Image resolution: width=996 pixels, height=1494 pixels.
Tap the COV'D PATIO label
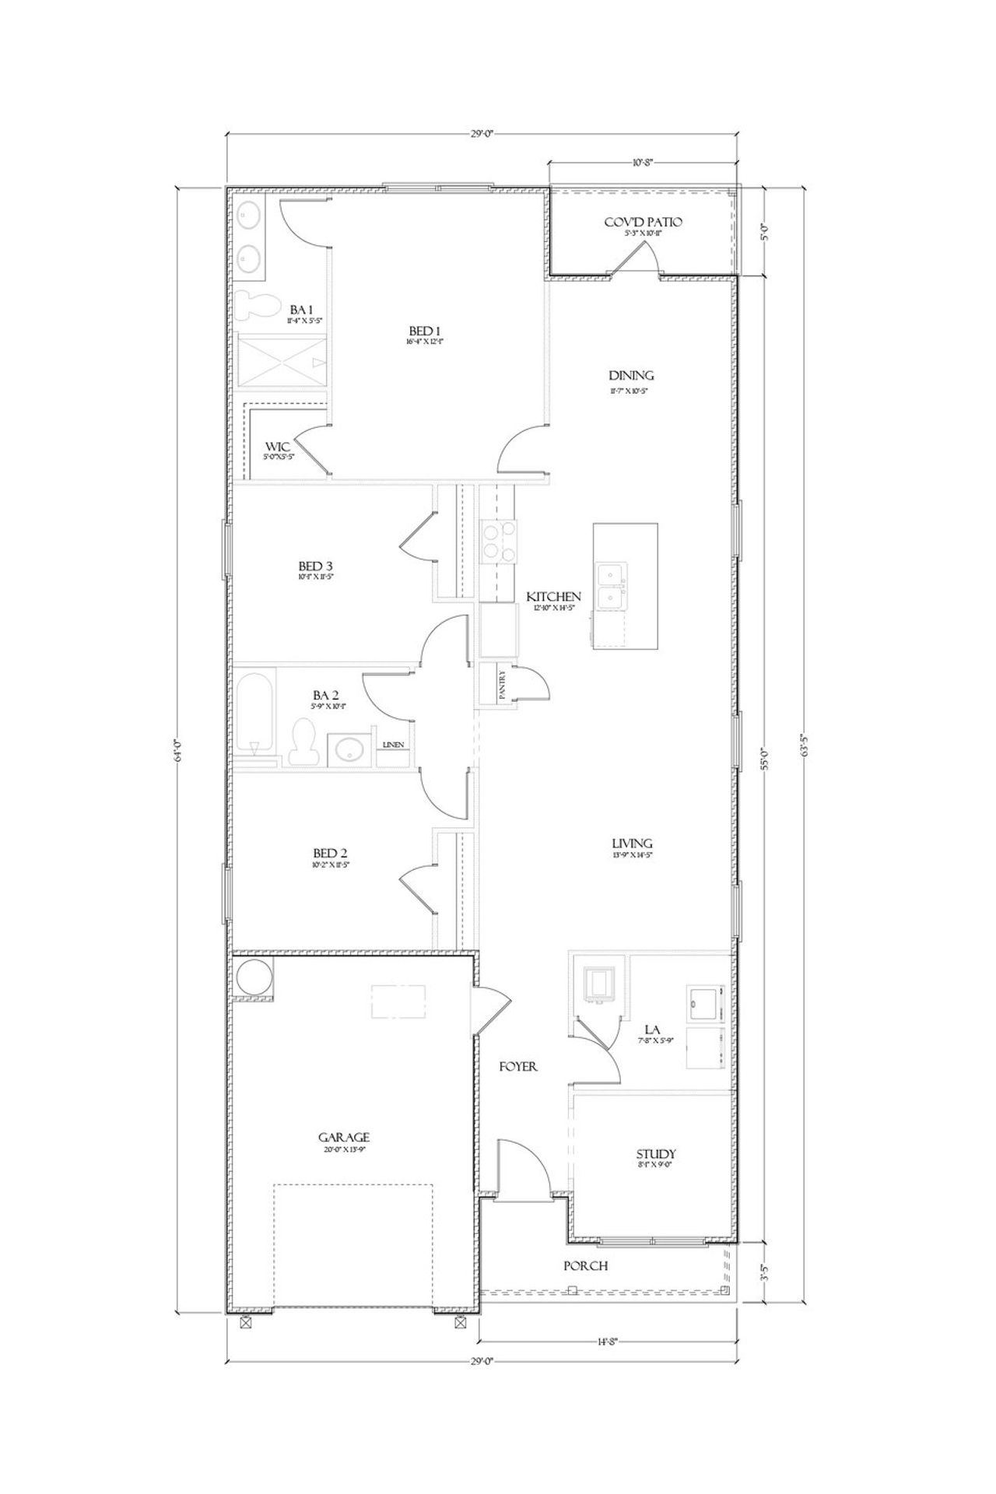pos(643,223)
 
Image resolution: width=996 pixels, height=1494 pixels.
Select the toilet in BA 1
pos(251,307)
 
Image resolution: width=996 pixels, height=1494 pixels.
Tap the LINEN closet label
pos(393,745)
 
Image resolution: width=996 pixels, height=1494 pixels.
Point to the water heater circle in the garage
pos(253,978)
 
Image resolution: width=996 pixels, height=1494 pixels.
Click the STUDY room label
pos(655,1154)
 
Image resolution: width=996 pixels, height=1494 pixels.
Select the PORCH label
pos(585,1266)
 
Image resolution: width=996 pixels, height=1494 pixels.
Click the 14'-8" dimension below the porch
pos(606,1341)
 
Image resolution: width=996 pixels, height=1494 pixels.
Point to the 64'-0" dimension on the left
pos(177,752)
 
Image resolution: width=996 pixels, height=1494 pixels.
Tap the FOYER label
pos(518,1067)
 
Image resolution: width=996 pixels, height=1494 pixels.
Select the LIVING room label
pos(632,843)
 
